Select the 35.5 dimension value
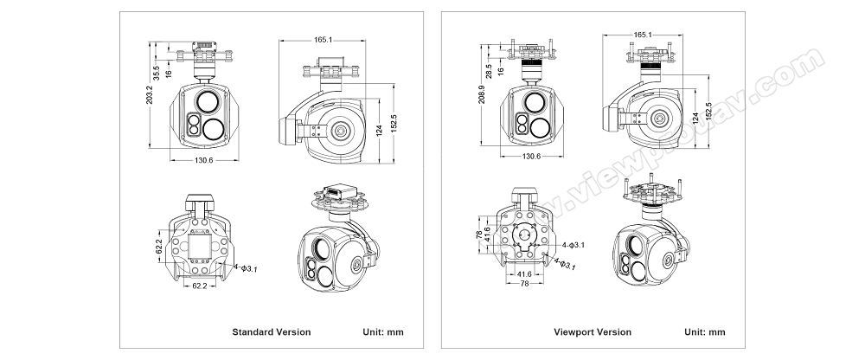click(157, 74)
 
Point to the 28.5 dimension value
click(490, 70)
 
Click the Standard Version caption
click(272, 332)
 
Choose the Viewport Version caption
click(593, 332)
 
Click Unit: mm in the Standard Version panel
click(381, 332)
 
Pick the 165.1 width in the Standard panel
click(324, 39)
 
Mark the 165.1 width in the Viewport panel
click(643, 35)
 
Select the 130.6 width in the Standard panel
click(204, 161)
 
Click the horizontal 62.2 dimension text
click(200, 285)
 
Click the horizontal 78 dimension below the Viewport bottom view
click(523, 284)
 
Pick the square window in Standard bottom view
click(200, 247)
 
